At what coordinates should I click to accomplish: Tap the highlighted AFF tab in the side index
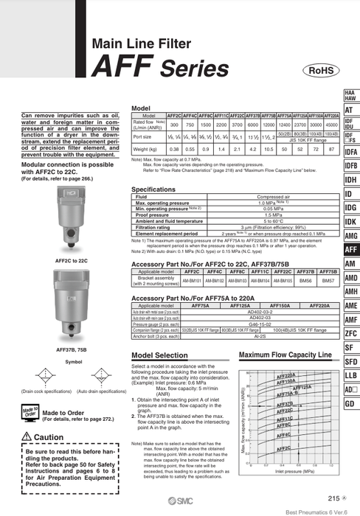click(x=351, y=250)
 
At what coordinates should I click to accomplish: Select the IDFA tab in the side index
click(x=351, y=153)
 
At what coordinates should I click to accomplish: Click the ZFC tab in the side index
click(x=351, y=333)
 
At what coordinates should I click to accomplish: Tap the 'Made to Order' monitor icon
click(x=30, y=411)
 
